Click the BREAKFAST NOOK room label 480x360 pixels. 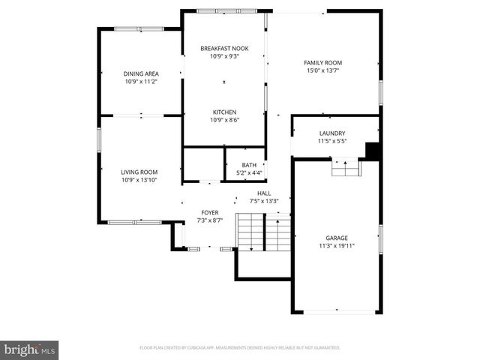point(224,48)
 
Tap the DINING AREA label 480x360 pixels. point(139,73)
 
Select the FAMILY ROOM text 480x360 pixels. point(322,63)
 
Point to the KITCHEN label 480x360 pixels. point(223,112)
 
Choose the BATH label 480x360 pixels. point(248,165)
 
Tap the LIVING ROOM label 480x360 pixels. point(139,172)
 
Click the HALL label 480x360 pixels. point(264,193)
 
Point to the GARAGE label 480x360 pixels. point(336,238)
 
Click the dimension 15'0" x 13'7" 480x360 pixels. point(322,71)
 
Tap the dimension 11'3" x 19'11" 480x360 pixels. point(336,245)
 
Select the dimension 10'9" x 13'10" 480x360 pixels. point(139,180)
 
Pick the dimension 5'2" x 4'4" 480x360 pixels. point(248,173)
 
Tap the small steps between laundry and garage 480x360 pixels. point(346,169)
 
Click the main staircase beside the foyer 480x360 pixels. point(262,232)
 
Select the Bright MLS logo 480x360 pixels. point(30,349)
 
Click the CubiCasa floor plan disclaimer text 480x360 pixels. point(240,347)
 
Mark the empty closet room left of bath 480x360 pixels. point(202,164)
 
